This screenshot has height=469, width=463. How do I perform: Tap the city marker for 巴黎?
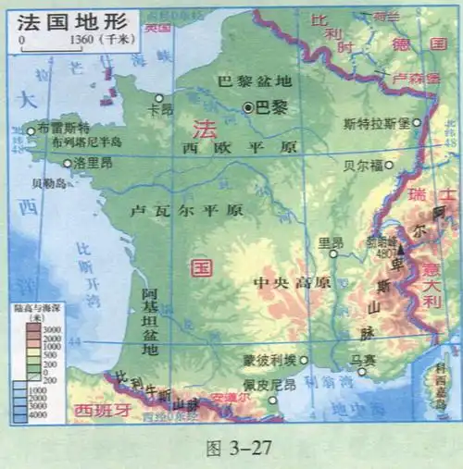pos(248,107)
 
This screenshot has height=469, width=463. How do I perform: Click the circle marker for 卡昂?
pos(159,97)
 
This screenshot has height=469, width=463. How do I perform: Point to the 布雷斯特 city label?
pos(65,129)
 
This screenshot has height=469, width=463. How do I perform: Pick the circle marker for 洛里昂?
pos(68,163)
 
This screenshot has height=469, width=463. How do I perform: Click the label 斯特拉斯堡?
pos(375,123)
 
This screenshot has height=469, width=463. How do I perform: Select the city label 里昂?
pos(331,242)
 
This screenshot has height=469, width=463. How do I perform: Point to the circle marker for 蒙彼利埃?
pos(303,360)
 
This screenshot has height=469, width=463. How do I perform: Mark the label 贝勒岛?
pos(49,183)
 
